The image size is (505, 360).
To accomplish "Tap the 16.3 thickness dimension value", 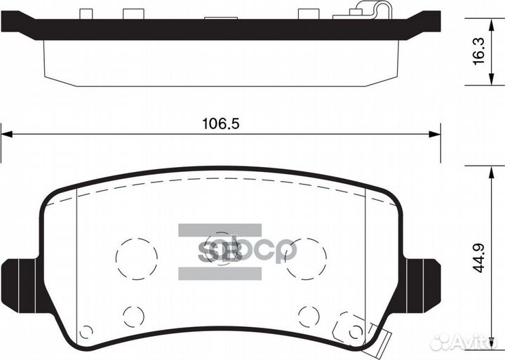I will [478, 51].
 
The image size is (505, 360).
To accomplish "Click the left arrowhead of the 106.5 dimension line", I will [6, 134].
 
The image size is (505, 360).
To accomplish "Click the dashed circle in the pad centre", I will [222, 246].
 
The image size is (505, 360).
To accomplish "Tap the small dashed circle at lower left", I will [133, 315].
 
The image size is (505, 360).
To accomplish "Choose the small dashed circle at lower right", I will [309, 315].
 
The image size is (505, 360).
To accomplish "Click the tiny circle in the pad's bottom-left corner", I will [86, 332].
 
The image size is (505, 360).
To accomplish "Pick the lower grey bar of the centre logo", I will [219, 273].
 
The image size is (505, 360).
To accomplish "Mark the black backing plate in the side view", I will [210, 29].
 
